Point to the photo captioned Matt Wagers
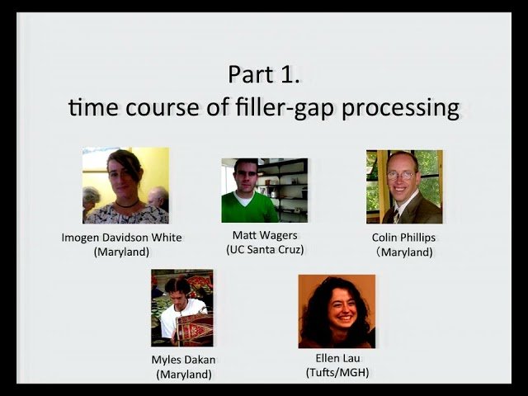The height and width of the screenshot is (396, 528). pyautogui.click(x=263, y=191)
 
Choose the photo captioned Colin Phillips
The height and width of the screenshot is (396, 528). pyautogui.click(x=403, y=186)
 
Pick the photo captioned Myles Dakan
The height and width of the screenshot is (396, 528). pyautogui.click(x=181, y=308)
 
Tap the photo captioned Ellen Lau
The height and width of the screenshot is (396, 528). pyautogui.click(x=336, y=311)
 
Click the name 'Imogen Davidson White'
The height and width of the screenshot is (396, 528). pyautogui.click(x=122, y=238)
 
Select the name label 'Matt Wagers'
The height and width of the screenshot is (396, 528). pyautogui.click(x=263, y=235)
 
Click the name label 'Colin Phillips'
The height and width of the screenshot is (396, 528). pyautogui.click(x=404, y=238)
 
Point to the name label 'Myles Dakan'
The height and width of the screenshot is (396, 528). pyautogui.click(x=184, y=360)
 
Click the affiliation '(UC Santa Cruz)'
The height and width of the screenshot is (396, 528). pyautogui.click(x=263, y=249)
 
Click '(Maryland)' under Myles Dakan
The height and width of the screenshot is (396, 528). pyautogui.click(x=184, y=374)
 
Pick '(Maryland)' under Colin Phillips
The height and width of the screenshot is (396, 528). pyautogui.click(x=404, y=252)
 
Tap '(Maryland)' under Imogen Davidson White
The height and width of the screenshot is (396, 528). pyautogui.click(x=122, y=252)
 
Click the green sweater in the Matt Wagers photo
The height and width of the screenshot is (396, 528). pyautogui.click(x=251, y=207)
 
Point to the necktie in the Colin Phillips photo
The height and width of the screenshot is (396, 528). pyautogui.click(x=396, y=215)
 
